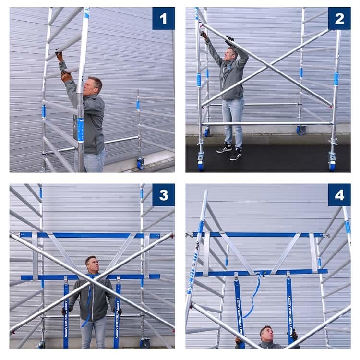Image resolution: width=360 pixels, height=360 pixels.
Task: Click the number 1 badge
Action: (163, 19)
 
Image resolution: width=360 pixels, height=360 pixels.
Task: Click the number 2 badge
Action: (339, 19)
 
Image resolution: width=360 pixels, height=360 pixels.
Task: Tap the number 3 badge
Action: (163, 195)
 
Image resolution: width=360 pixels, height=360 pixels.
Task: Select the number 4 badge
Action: (339, 195)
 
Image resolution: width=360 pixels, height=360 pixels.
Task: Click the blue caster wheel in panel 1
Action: (141, 164)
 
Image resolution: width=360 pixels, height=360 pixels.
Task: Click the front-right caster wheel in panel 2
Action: (332, 165)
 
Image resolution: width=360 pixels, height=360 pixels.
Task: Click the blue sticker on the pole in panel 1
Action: (81, 129)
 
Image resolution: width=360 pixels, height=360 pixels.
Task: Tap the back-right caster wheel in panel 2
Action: (301, 130)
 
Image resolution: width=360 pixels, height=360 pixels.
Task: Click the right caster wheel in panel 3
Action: (144, 343)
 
